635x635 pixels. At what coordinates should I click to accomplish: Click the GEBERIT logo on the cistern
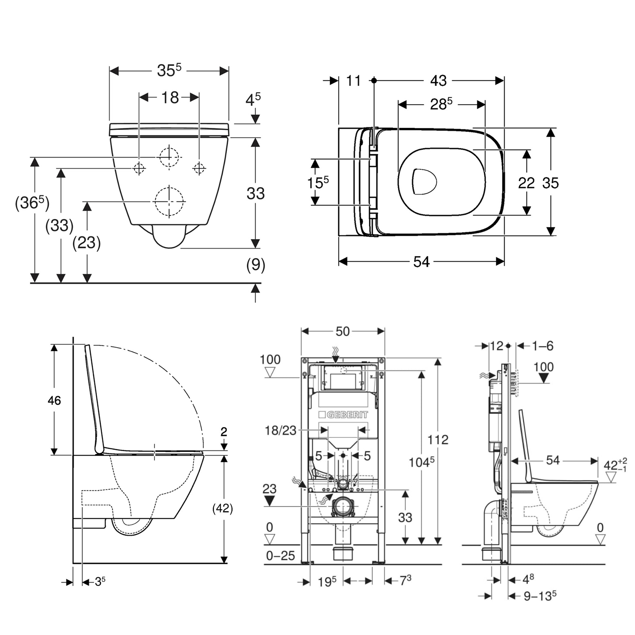(x=343, y=414)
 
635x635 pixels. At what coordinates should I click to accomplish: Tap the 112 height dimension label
(x=437, y=439)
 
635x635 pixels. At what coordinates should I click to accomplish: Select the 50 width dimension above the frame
(x=342, y=331)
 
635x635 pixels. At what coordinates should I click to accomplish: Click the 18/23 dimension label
(x=280, y=431)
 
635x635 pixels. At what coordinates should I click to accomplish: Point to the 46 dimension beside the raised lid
(x=54, y=400)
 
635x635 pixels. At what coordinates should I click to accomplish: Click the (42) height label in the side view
(x=222, y=508)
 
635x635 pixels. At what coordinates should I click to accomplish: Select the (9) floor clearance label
(x=256, y=265)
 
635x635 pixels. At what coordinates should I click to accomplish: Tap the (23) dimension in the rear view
(x=87, y=243)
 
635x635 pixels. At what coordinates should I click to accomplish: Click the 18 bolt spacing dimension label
(x=170, y=97)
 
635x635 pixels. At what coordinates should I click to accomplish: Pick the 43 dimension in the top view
(x=438, y=80)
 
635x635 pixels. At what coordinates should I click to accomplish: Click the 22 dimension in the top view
(x=526, y=183)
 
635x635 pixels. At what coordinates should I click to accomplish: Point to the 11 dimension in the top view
(x=353, y=80)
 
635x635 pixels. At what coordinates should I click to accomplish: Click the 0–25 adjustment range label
(x=280, y=555)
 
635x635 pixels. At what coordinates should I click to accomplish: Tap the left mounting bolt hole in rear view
(x=139, y=168)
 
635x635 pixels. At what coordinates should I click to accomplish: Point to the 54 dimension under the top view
(x=421, y=262)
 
